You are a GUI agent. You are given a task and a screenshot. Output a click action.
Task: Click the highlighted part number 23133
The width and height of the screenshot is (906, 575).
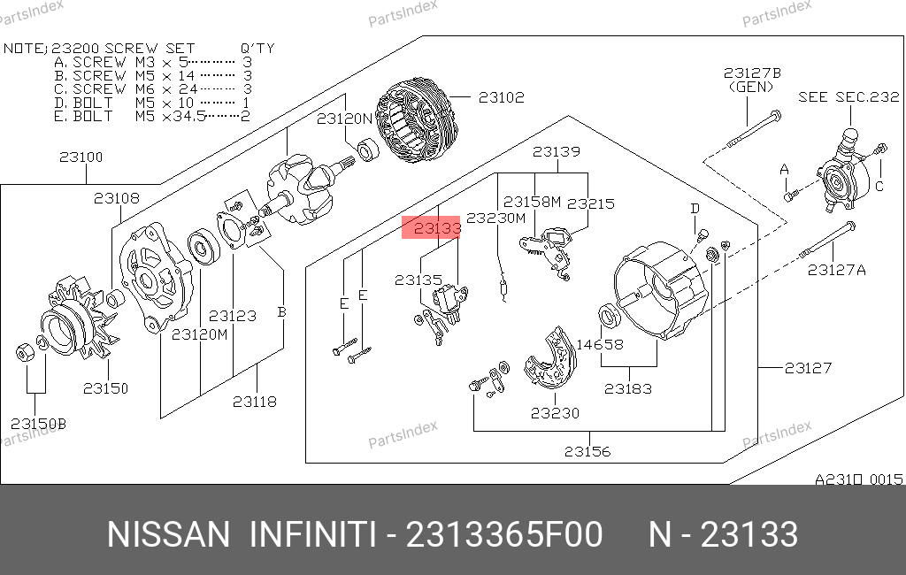(x=437, y=228)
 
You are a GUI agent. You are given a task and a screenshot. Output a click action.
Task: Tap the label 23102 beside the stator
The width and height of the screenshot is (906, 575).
(x=502, y=97)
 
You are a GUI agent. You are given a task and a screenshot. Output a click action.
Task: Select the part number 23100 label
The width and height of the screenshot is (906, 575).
(x=81, y=157)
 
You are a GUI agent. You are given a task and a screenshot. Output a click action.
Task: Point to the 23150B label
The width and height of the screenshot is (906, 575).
(x=38, y=424)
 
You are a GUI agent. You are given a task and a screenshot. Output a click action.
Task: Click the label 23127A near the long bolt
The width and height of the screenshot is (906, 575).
(x=837, y=270)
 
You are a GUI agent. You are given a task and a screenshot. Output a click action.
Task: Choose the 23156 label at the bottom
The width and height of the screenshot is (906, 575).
(x=587, y=451)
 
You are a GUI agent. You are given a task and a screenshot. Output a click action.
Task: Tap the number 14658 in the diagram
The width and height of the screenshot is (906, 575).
(x=600, y=344)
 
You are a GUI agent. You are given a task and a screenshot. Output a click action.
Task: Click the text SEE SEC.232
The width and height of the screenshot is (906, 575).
(x=848, y=97)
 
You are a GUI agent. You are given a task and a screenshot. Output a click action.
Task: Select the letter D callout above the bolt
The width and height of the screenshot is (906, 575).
(x=695, y=209)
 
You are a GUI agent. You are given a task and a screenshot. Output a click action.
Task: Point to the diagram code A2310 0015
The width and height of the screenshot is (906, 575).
(x=858, y=479)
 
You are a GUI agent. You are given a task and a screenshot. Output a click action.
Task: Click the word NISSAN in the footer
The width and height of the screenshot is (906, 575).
(x=168, y=534)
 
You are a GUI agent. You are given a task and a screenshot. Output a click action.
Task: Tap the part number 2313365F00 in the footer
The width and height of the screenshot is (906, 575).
(x=504, y=534)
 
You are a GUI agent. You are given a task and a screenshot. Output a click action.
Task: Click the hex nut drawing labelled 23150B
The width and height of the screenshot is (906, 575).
(x=25, y=352)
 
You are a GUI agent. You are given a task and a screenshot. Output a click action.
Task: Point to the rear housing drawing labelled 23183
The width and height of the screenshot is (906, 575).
(x=660, y=290)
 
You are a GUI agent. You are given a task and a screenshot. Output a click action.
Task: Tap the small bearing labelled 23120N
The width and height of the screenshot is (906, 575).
(x=367, y=149)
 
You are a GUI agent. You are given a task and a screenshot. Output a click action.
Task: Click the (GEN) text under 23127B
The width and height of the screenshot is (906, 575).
(x=751, y=88)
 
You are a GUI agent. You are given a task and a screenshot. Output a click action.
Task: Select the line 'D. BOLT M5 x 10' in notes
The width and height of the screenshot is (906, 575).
(x=151, y=103)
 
